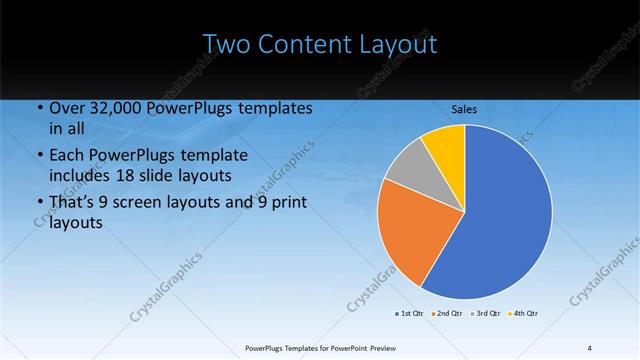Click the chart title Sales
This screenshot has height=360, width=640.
click(464, 108)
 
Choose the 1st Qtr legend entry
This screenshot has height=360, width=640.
click(410, 314)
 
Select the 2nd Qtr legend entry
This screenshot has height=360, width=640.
click(446, 314)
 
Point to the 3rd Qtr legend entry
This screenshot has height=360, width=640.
click(485, 314)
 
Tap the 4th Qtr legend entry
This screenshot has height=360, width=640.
click(524, 314)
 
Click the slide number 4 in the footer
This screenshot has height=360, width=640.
click(589, 347)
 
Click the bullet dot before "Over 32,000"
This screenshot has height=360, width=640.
click(39, 109)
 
